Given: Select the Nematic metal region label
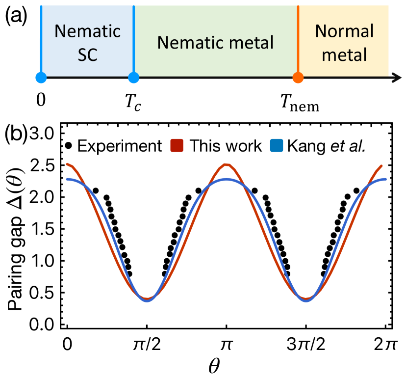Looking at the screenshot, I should (x=215, y=43).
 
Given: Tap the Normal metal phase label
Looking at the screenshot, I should (x=344, y=43).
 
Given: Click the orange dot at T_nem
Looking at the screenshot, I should (x=298, y=77).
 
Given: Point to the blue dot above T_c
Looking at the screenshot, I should (x=134, y=77).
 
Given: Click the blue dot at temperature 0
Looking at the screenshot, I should (x=41, y=77).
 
